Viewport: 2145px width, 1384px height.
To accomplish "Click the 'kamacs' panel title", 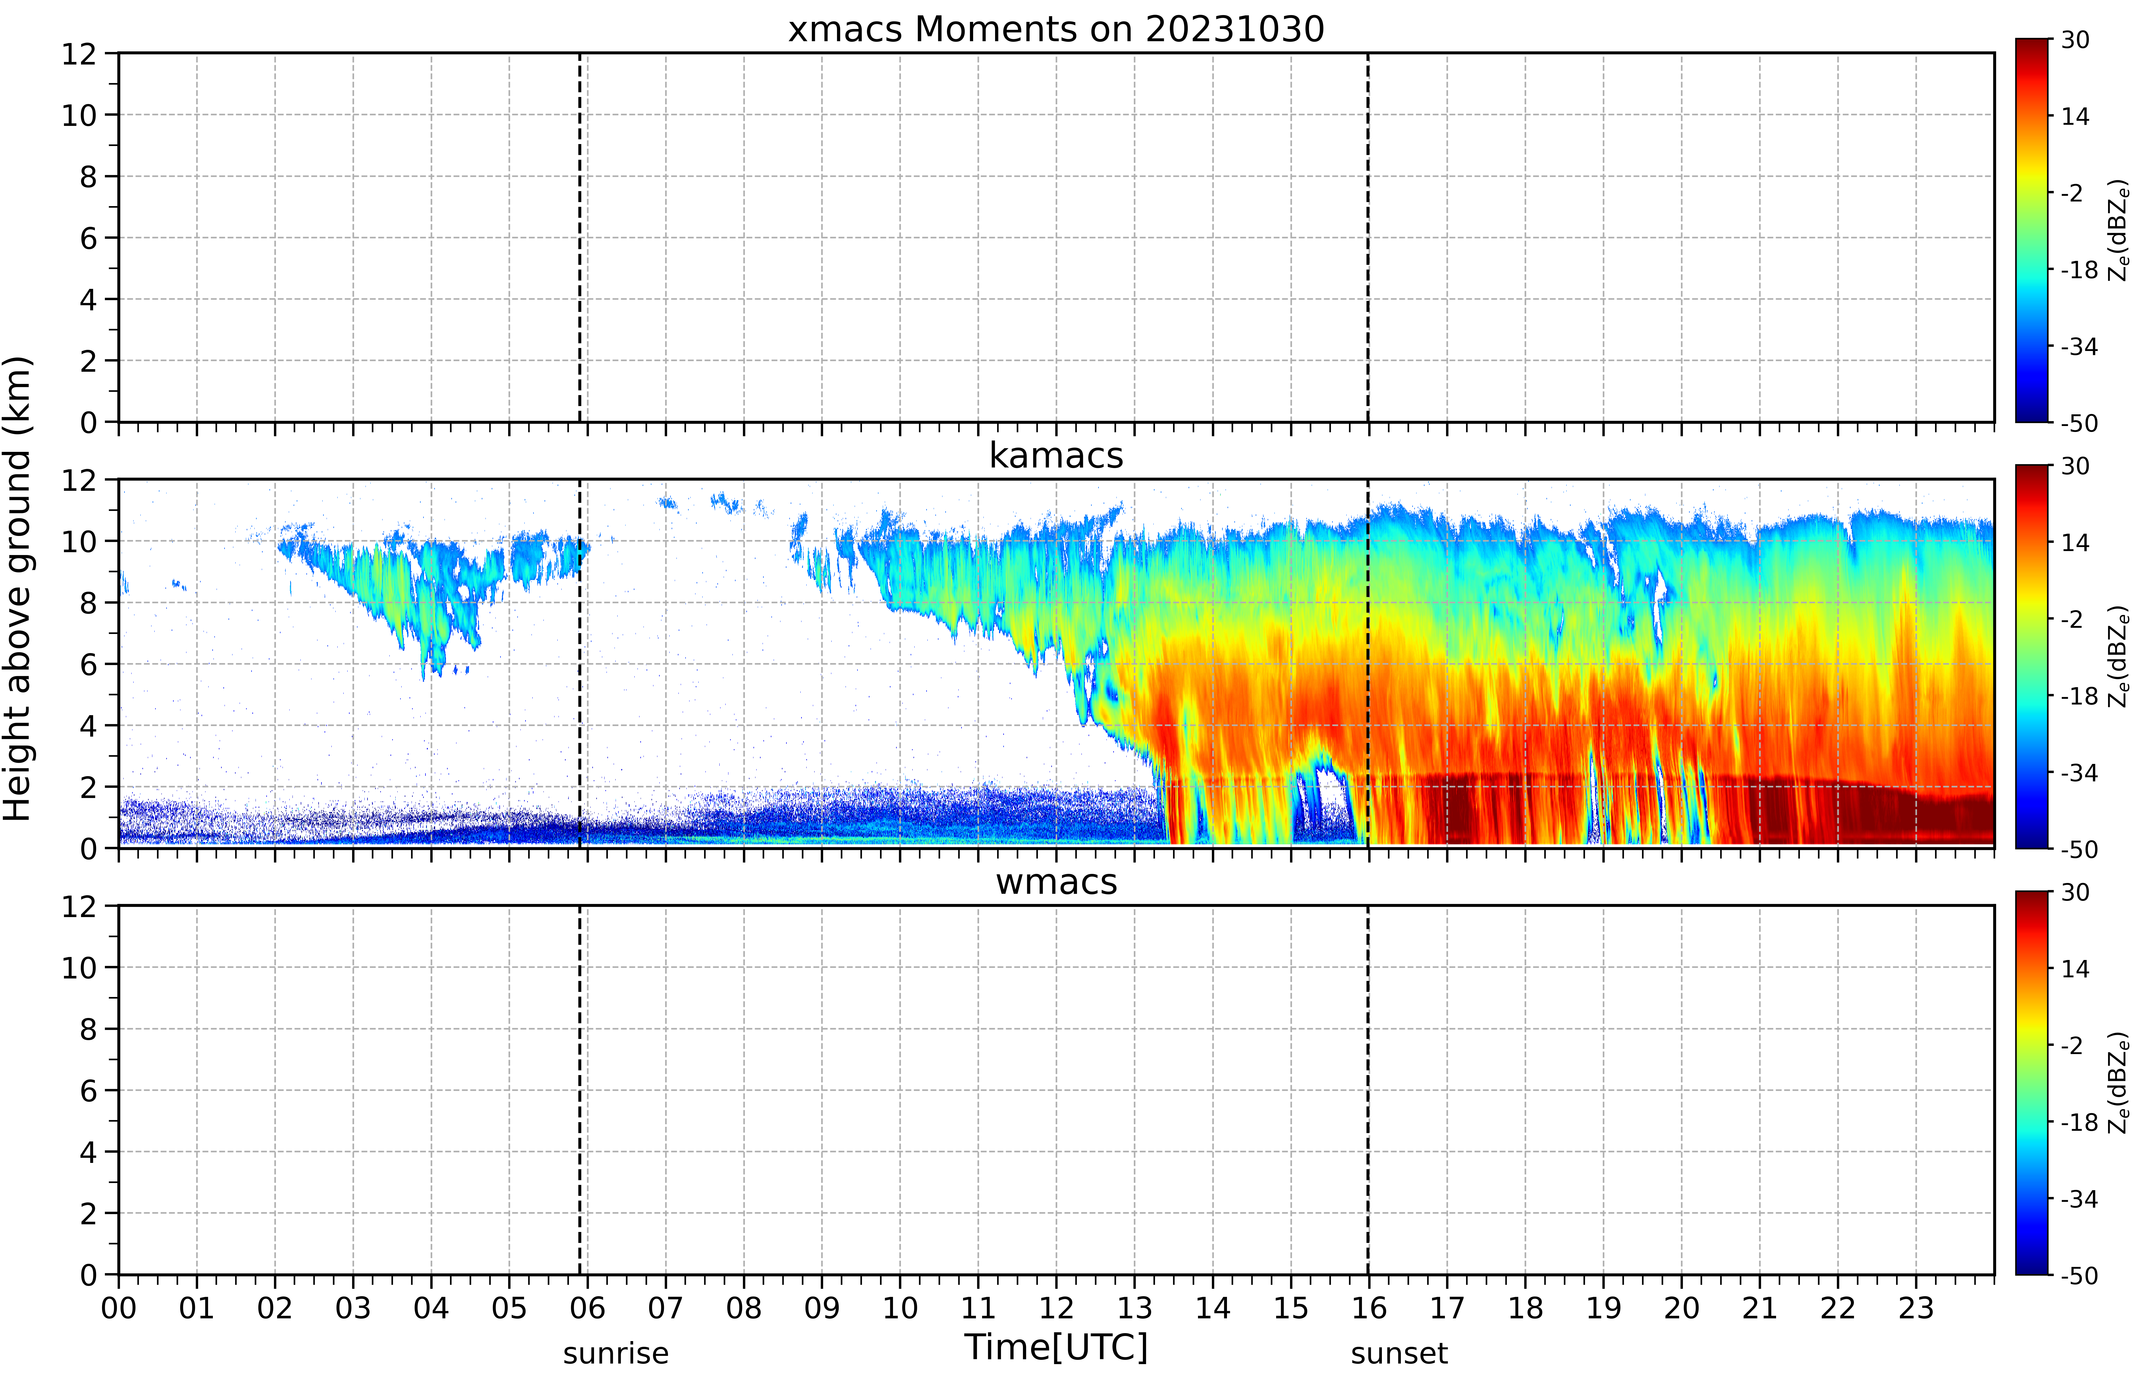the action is (1056, 456).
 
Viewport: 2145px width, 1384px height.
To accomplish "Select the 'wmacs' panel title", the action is (1056, 882).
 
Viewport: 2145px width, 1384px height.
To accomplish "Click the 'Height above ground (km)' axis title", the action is (18, 589).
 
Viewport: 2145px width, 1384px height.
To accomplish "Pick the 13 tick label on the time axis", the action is (1134, 1308).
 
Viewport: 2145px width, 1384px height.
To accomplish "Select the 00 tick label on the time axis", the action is (119, 1308).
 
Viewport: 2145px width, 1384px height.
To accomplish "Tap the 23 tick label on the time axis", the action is (1916, 1308).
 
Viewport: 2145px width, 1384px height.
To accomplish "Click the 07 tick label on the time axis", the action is (665, 1308).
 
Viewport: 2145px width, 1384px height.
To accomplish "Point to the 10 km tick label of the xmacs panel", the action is (79, 115).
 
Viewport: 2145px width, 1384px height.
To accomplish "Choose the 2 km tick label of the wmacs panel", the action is (88, 1213).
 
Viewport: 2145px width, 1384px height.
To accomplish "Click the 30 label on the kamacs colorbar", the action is (2075, 466).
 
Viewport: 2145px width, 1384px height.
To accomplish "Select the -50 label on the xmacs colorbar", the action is (2078, 423).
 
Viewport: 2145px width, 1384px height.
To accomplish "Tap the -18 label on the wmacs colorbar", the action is (2078, 1123).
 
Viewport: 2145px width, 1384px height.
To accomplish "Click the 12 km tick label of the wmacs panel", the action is (79, 906).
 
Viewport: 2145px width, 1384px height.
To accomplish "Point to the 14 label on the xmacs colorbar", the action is (2075, 116).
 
